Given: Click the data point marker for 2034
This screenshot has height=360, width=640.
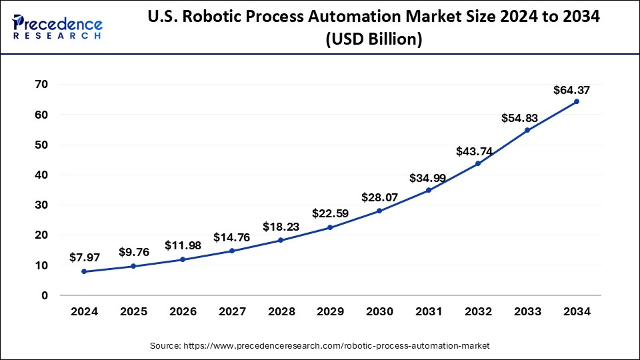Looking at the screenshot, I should (x=576, y=101).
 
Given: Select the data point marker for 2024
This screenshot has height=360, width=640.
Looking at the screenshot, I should (x=83, y=271).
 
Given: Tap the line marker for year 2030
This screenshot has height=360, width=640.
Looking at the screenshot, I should (x=379, y=211).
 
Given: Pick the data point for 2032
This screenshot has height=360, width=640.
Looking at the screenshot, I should (x=478, y=163).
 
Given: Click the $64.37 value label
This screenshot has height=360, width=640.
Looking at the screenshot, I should (x=571, y=90).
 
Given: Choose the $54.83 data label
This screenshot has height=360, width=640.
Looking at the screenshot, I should (x=520, y=118).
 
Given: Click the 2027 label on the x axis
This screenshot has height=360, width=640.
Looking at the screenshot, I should (x=231, y=312).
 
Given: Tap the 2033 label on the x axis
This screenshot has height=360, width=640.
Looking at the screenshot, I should (x=527, y=312).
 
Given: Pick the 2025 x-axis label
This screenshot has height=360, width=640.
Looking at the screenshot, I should (x=133, y=312).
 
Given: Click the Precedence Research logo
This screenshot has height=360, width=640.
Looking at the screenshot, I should (x=57, y=27).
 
